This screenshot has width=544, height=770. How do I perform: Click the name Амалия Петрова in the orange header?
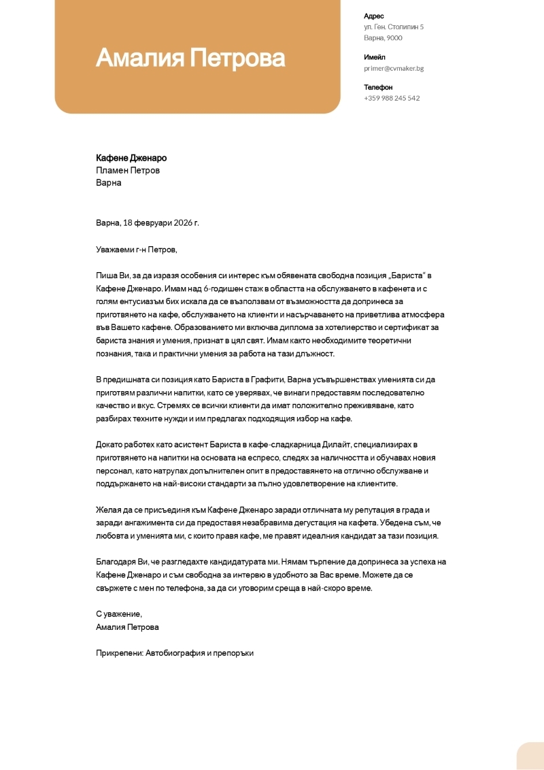point(190,58)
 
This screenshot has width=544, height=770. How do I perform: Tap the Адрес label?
point(374,16)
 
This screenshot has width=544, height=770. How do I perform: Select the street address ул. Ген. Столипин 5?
point(394,27)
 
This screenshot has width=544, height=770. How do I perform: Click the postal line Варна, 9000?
point(383,37)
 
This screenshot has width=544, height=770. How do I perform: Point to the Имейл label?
point(375,57)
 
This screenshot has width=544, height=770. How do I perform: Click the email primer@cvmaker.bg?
point(394,68)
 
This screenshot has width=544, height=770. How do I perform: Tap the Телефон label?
point(378,87)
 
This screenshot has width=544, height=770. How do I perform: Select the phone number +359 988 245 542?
point(392,98)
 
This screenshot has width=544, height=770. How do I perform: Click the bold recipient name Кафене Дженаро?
point(131,158)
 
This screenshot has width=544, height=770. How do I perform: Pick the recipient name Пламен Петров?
point(128,170)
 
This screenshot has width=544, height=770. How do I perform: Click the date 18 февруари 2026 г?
point(161,222)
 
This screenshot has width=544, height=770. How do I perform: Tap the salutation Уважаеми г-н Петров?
point(136,250)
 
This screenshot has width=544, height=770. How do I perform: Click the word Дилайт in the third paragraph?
point(335,444)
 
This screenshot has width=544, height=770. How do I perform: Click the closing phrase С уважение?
point(119,614)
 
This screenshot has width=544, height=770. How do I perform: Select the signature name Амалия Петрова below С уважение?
point(127,626)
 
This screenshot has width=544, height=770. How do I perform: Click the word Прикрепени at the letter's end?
point(119,652)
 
